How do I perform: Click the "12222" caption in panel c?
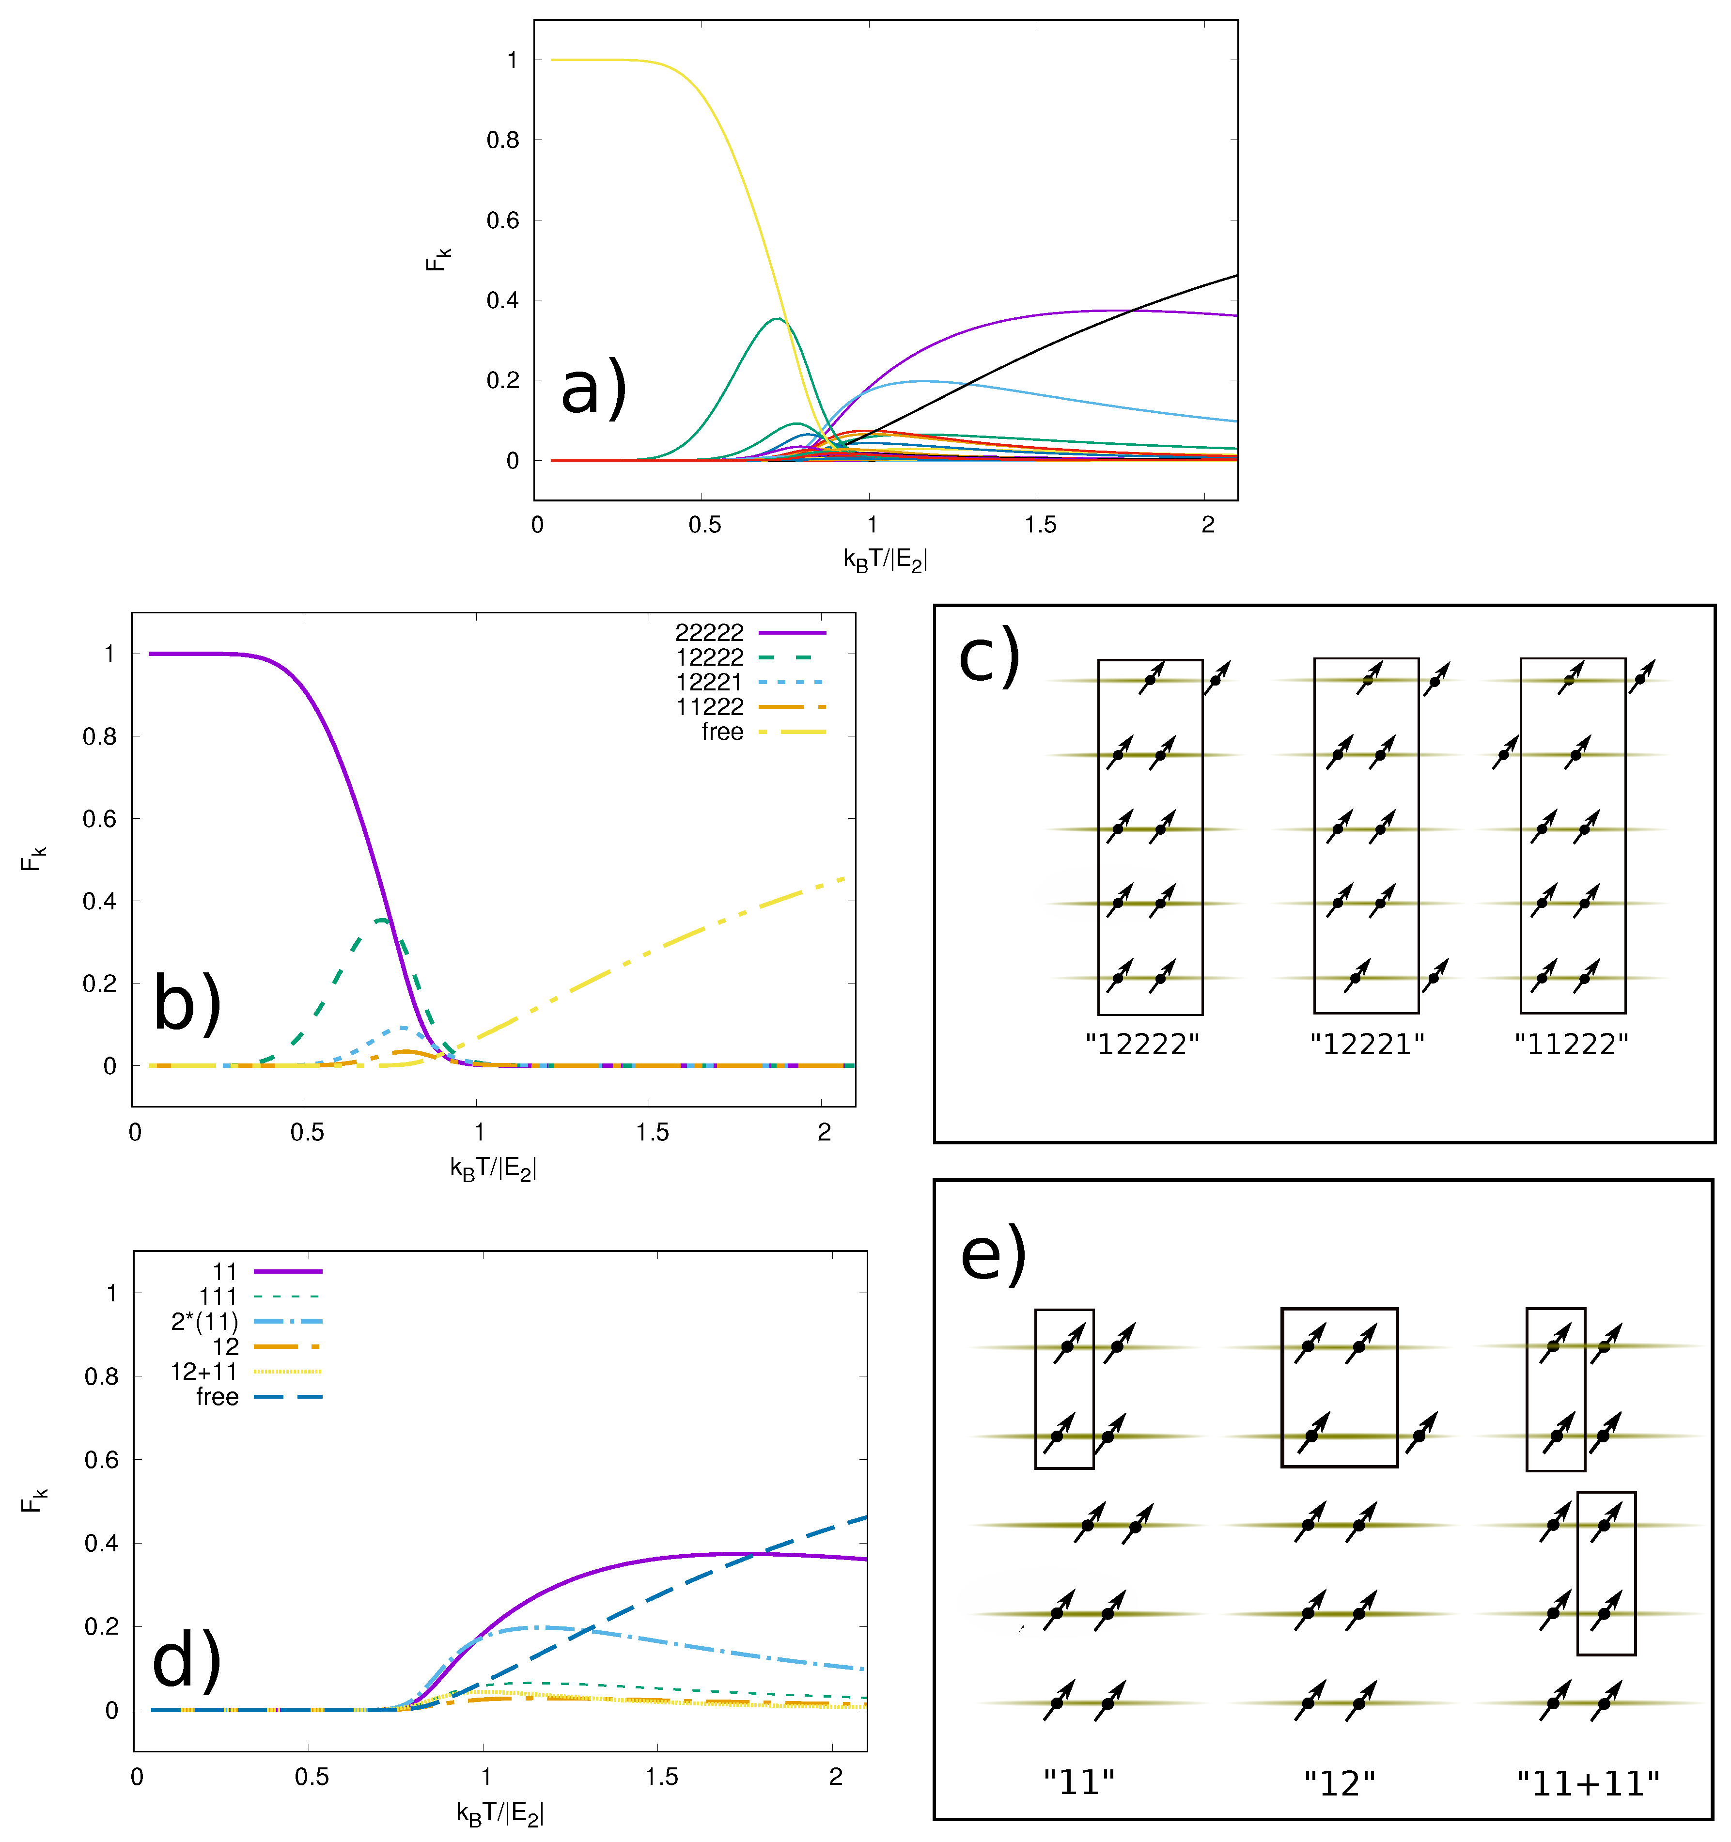1141,1044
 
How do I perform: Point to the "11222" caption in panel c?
1571,1044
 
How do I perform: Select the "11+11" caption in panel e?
1588,1783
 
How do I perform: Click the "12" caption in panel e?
1339,1783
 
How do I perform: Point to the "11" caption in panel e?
1078,1783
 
